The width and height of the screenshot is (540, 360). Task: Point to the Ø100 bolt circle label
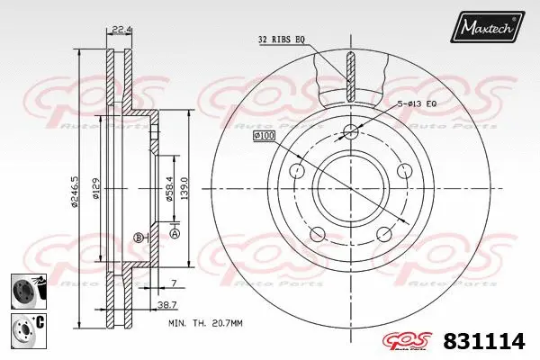[265, 134]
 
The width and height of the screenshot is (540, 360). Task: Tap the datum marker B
[137, 237]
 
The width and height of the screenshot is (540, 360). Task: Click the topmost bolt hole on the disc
[351, 133]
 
